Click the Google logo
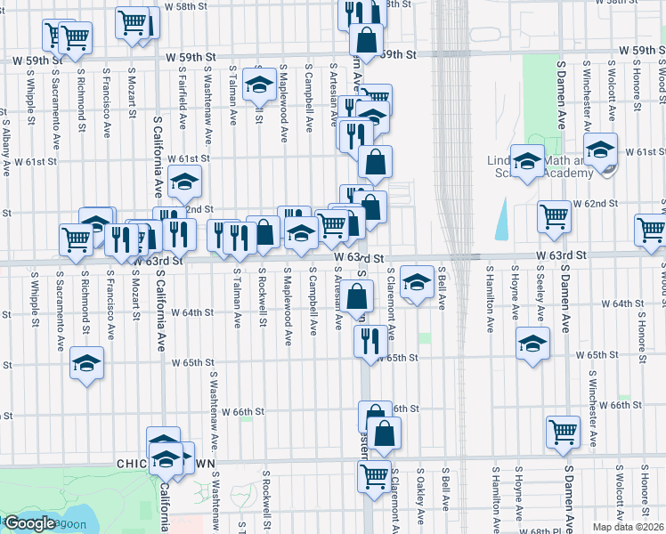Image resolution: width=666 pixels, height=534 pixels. click(30, 523)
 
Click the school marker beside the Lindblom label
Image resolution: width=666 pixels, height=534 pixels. click(527, 161)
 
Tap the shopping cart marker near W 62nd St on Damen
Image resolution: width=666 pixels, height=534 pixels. click(554, 215)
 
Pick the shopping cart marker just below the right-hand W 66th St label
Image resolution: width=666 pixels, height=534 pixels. click(563, 432)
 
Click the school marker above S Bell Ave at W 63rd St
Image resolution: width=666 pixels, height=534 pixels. click(415, 282)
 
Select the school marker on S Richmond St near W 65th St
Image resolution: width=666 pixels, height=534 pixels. click(86, 363)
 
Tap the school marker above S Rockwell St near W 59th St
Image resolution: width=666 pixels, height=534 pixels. click(260, 84)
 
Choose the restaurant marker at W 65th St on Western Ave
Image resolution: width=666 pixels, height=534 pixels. click(369, 341)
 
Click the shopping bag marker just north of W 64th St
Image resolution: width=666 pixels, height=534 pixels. click(358, 296)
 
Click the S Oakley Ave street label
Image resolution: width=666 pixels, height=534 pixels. click(419, 498)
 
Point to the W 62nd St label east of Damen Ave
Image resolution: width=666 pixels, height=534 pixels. click(595, 204)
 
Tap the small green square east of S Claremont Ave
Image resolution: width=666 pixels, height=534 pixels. click(425, 338)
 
